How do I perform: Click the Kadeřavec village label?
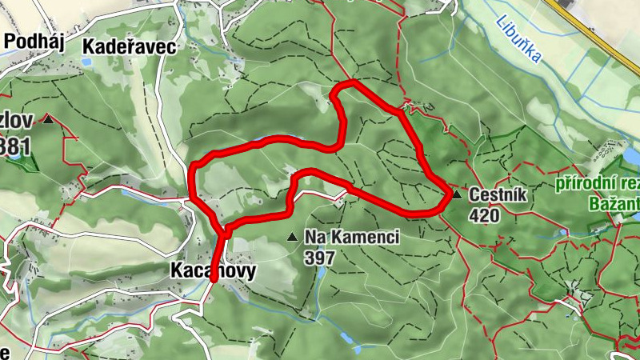click(129, 46)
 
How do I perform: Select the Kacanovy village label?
click(213, 271)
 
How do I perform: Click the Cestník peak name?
click(495, 195)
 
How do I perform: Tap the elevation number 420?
click(484, 215)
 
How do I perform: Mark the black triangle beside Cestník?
click(456, 194)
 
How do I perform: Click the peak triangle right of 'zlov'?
click(49, 120)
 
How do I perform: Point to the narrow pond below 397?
click(321, 274)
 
